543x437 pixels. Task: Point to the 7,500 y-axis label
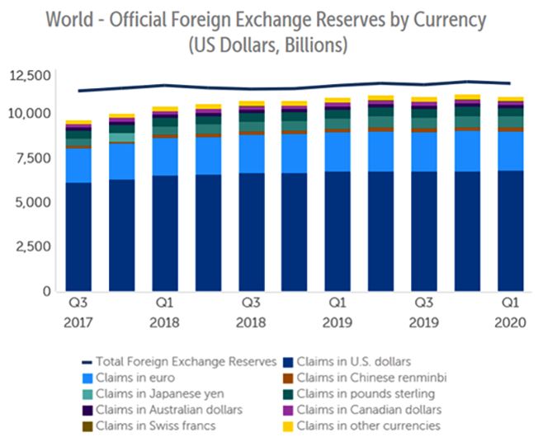32,157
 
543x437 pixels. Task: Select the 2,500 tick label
32,247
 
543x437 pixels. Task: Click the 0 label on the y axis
46,291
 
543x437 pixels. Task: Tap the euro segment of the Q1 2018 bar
164,157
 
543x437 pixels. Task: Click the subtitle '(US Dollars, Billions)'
271,42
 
